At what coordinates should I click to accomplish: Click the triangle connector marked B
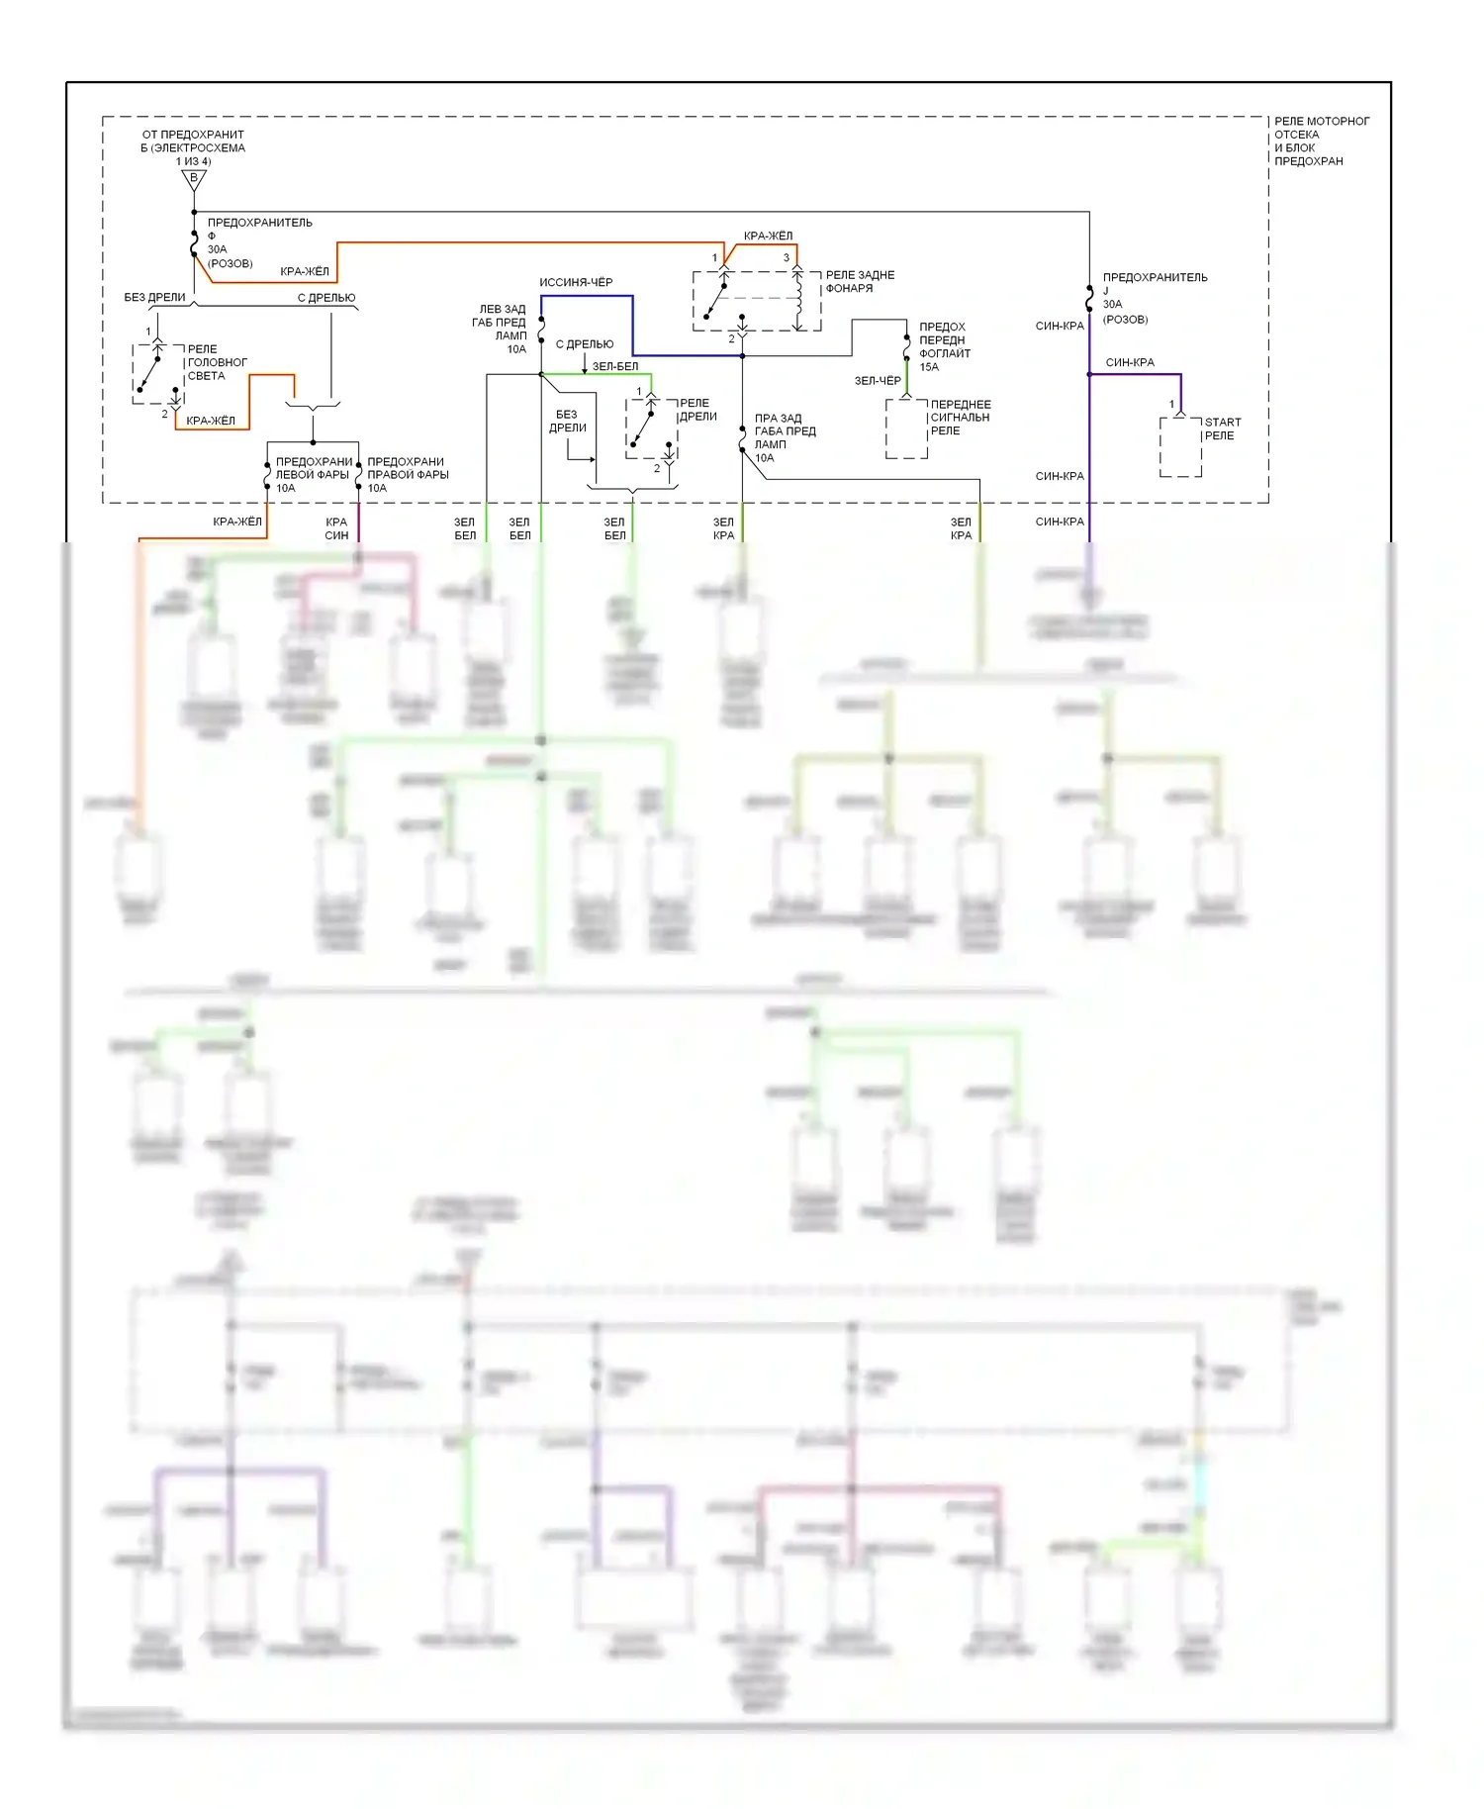tap(194, 179)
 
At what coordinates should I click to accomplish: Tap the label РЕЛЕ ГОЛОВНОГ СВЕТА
tap(217, 362)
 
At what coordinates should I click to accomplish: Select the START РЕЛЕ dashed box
tap(1180, 447)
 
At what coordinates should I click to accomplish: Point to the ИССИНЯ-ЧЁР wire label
tap(576, 282)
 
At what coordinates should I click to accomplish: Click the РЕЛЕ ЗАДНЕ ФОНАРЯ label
tap(860, 281)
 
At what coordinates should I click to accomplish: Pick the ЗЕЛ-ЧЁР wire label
tap(878, 380)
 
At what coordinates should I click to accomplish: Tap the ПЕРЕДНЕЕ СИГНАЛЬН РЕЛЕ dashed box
tap(906, 428)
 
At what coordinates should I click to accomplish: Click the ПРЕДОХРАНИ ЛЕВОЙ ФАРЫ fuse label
tap(314, 474)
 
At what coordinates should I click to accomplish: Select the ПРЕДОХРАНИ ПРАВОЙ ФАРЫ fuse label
tap(408, 474)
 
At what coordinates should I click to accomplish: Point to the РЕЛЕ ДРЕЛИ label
tap(697, 410)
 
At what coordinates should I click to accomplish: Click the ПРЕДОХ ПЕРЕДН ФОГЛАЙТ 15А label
tap(945, 346)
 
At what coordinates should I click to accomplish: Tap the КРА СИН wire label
tap(336, 528)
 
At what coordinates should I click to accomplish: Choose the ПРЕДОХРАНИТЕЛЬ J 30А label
tap(1155, 298)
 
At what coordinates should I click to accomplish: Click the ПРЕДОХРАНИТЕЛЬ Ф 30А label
tap(259, 242)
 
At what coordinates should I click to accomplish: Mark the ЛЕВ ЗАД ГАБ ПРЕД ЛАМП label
tap(500, 329)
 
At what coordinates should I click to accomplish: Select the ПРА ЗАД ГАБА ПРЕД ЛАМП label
tap(785, 437)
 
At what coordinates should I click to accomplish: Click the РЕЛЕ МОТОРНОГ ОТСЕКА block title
tap(1321, 141)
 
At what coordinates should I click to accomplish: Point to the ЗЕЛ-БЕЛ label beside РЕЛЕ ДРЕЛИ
tap(614, 366)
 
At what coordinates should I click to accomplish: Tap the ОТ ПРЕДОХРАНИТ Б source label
tap(193, 147)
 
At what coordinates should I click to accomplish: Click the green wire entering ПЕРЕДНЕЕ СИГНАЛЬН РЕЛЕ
tap(907, 378)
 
